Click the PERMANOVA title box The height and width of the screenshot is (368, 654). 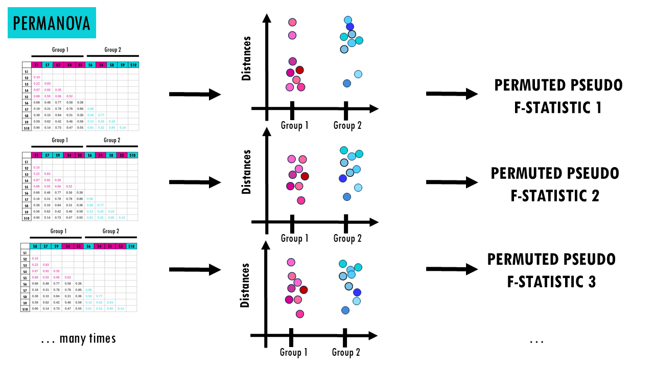pos(52,23)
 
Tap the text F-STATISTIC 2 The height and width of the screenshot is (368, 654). pos(555,196)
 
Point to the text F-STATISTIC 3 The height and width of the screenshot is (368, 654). pos(552,282)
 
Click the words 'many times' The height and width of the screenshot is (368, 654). pos(88,338)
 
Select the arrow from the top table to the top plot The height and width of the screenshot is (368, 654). pos(195,95)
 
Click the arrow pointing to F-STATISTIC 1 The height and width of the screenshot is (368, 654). pos(452,94)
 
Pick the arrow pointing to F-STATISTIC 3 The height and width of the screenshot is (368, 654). pos(452,269)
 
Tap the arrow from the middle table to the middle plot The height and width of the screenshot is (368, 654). pos(195,182)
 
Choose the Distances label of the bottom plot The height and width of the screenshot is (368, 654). pos(245,285)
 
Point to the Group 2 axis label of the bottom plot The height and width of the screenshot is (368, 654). pos(346,352)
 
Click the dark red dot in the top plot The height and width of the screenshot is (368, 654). pos(299,70)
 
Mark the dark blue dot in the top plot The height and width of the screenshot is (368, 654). pos(349,27)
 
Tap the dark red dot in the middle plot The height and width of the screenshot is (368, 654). pos(305,176)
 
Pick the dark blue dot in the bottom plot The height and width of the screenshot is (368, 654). pos(357,292)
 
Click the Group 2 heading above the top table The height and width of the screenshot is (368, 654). pos(112,50)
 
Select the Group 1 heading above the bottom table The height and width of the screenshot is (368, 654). pos(57,231)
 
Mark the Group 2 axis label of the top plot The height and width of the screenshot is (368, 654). pos(347,125)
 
